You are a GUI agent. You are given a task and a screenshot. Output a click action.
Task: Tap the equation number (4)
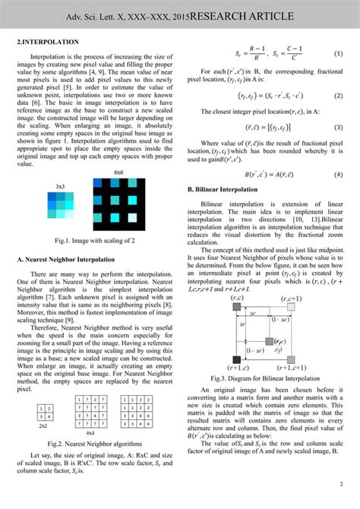[x=338, y=174]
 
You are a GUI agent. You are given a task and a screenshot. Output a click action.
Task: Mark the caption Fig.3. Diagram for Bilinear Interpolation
[x=264, y=378]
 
